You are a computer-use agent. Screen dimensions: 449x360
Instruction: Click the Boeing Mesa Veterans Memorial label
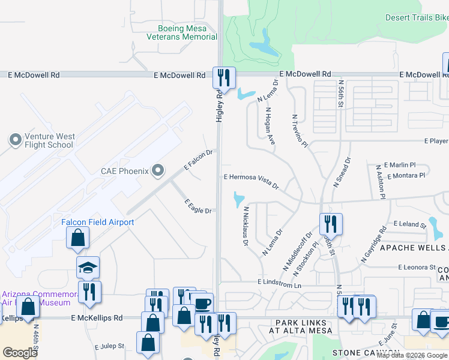click(182, 32)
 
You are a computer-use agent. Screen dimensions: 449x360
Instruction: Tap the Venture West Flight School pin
click(15, 140)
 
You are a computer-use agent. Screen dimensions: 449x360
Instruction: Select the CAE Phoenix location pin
click(158, 171)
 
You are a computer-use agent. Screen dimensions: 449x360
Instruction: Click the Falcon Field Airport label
click(98, 222)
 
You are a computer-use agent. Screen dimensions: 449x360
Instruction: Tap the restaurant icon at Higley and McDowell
click(224, 77)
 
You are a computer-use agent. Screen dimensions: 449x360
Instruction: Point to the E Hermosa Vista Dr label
click(252, 180)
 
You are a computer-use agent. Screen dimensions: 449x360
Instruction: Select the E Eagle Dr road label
click(197, 206)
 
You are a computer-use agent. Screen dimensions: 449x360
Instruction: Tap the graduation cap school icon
click(88, 268)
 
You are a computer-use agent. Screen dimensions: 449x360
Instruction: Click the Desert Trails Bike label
click(417, 18)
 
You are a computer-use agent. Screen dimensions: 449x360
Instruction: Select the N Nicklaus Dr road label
click(246, 227)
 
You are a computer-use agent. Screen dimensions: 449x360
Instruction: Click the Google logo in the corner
click(20, 353)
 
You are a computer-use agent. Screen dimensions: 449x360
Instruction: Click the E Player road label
click(436, 141)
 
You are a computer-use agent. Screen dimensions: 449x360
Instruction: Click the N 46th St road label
click(37, 339)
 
